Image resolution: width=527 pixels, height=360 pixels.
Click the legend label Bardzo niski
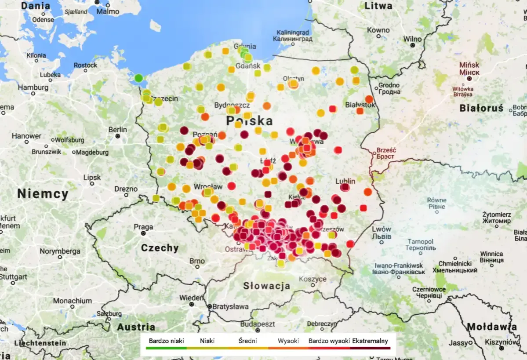coord(166,341)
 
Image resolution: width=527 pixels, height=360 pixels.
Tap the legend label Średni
coord(247,341)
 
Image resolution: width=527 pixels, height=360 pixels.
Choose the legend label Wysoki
coord(288,341)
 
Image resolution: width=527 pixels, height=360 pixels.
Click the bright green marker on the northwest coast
coord(138,78)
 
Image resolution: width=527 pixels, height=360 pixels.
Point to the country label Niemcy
coord(43,194)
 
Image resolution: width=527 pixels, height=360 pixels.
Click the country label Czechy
coord(160,248)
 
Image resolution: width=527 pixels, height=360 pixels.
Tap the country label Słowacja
coord(267,286)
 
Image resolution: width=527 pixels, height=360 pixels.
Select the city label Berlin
coord(117,130)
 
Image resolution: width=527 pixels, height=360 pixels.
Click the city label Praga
coord(143,227)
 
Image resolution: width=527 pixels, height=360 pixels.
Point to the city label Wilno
coord(412,38)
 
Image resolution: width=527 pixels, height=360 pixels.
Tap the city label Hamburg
coord(33,87)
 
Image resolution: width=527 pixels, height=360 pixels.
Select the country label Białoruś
coord(482,108)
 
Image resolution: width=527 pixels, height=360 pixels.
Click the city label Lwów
coord(381,229)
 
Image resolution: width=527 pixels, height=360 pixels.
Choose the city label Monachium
coord(73,301)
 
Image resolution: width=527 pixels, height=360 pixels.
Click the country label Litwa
coord(378,6)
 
